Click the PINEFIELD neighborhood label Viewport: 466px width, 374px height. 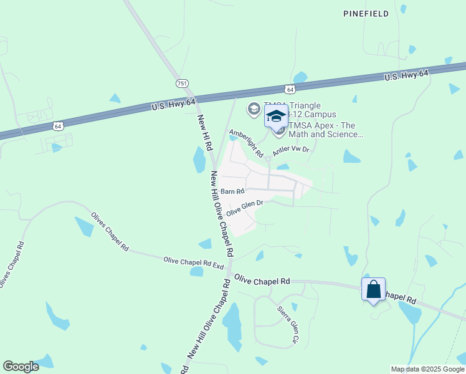click(x=366, y=13)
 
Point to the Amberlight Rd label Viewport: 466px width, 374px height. click(x=246, y=143)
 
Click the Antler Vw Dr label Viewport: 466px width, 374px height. click(x=291, y=150)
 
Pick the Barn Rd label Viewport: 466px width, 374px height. click(x=231, y=191)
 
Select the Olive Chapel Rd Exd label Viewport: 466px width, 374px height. click(x=193, y=262)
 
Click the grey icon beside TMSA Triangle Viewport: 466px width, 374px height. click(x=254, y=110)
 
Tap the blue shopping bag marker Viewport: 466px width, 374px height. click(x=373, y=290)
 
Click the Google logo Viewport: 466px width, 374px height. click(x=21, y=367)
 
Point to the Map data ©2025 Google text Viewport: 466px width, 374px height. click(x=427, y=369)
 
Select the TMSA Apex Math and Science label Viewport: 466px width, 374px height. click(x=325, y=130)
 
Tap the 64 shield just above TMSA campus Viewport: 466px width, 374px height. click(x=290, y=90)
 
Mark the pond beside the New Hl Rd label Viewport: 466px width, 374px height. click(x=199, y=159)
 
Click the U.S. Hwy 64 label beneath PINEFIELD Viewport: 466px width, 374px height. click(x=406, y=75)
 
